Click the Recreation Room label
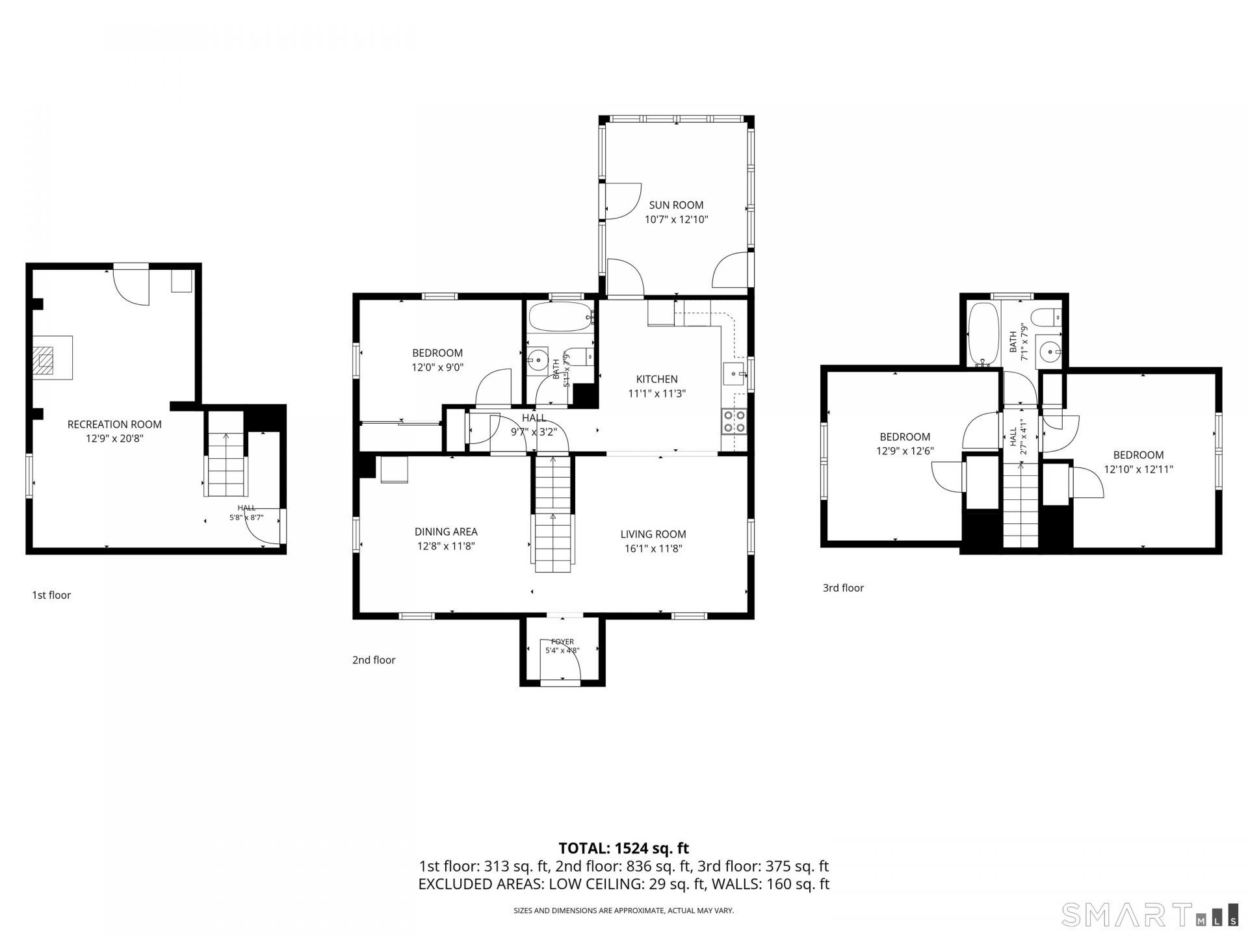coord(114,424)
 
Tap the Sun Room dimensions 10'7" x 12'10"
coord(676,220)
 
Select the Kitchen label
coord(656,379)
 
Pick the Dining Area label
coord(446,532)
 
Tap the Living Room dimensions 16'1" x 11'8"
coord(653,549)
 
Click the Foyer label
coord(562,642)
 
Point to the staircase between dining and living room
coord(553,514)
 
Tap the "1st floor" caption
coord(51,595)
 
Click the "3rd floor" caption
coord(843,588)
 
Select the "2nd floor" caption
coord(374,660)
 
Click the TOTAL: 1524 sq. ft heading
coord(624,848)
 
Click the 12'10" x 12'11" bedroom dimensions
coord(1138,469)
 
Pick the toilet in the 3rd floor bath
coord(1047,317)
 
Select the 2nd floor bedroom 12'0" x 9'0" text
coord(437,367)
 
